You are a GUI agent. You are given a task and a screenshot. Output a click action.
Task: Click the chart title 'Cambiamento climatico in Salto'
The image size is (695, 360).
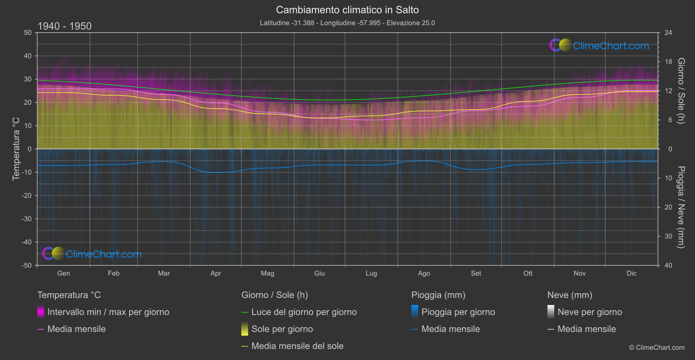[x=347, y=10]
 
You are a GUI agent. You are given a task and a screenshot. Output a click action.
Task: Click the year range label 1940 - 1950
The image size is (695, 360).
[x=65, y=26]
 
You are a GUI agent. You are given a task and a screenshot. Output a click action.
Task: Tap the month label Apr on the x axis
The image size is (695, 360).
[x=216, y=274]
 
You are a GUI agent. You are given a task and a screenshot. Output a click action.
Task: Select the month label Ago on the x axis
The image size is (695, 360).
[x=424, y=274]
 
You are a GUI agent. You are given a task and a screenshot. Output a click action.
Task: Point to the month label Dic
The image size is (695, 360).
[x=631, y=274]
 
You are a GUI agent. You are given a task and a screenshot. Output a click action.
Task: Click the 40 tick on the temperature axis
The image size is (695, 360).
[x=28, y=56]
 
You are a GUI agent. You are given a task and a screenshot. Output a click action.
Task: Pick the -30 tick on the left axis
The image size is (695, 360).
[x=27, y=219]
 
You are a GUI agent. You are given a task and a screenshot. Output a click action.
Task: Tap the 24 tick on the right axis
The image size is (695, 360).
[x=668, y=33]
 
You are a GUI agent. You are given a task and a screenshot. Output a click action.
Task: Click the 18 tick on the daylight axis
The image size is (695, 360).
[x=668, y=62]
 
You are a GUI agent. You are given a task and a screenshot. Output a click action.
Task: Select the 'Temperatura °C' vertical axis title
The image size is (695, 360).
[x=16, y=149]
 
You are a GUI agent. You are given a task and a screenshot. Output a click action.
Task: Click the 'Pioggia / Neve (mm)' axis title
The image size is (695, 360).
[x=681, y=207]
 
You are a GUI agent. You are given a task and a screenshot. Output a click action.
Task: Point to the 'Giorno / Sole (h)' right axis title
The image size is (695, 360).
[x=681, y=91]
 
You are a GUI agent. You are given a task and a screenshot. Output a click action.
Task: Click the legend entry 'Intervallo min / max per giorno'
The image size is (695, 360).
[x=108, y=312]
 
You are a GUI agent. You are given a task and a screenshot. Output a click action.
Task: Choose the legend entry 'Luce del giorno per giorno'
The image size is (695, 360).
[x=304, y=312]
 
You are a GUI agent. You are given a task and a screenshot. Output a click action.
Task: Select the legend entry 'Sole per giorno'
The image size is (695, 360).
[x=282, y=329]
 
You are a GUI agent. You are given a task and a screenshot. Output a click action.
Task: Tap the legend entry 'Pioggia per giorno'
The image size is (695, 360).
[x=458, y=312]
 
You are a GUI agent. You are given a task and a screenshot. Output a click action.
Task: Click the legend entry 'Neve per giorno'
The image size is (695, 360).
[x=589, y=312]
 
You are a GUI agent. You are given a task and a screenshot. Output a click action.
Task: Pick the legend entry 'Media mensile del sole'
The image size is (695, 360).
[x=297, y=346]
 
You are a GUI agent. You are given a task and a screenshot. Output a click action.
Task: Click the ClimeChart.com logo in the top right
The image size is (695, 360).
[x=599, y=45]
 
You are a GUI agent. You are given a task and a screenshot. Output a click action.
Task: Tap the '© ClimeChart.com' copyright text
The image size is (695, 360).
[x=657, y=348]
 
